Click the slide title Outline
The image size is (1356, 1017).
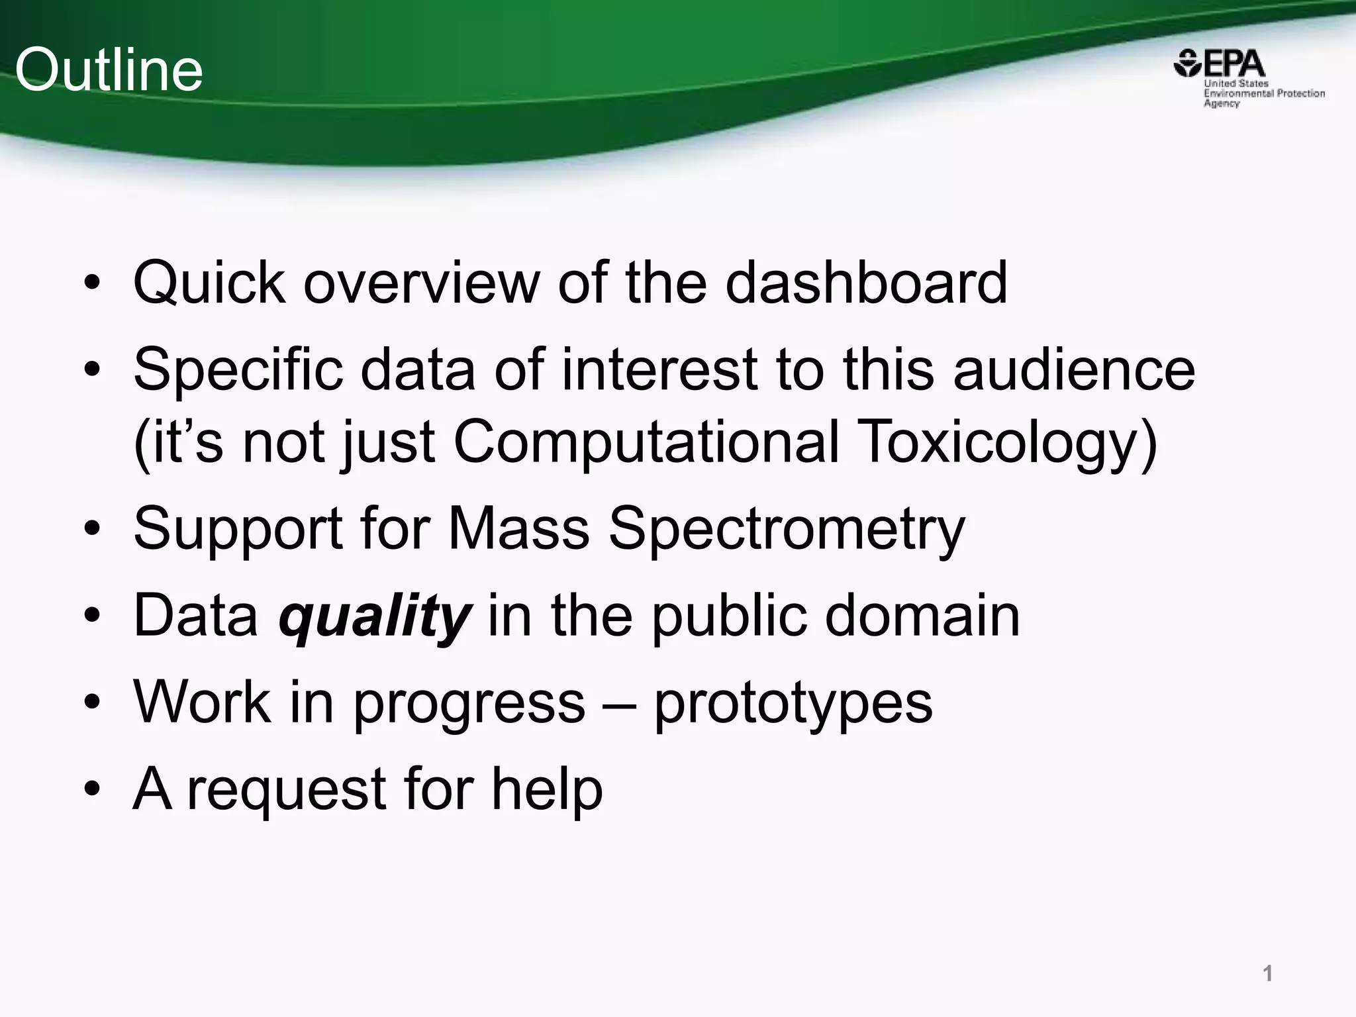(x=109, y=70)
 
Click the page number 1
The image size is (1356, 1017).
(x=1267, y=973)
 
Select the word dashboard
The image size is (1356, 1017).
(x=866, y=283)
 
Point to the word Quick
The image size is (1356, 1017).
(x=209, y=283)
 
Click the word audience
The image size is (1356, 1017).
(x=1074, y=369)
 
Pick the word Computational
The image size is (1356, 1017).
(x=646, y=442)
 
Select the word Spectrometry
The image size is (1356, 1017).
(x=787, y=528)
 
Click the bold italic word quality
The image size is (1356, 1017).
(x=375, y=616)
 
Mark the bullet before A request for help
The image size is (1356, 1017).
(x=93, y=789)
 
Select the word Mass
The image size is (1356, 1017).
(x=518, y=528)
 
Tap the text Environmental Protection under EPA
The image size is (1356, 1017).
(x=1264, y=93)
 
